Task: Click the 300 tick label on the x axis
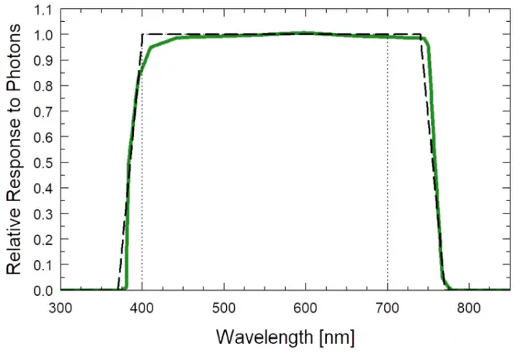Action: [x=61, y=307]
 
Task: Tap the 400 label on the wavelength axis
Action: [x=141, y=307]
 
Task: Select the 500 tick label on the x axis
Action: [x=223, y=307]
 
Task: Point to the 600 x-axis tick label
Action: [x=305, y=307]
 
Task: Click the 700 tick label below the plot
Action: [x=387, y=307]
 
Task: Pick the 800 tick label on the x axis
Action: [x=469, y=307]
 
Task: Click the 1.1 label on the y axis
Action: [x=43, y=9]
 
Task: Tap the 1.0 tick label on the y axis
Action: [x=43, y=35]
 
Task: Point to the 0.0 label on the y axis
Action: [x=43, y=290]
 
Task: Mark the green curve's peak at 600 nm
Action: [x=305, y=33]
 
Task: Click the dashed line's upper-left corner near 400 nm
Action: [x=142, y=34]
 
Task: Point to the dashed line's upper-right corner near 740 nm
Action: [x=421, y=34]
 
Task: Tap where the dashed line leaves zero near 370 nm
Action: [x=118, y=289]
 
